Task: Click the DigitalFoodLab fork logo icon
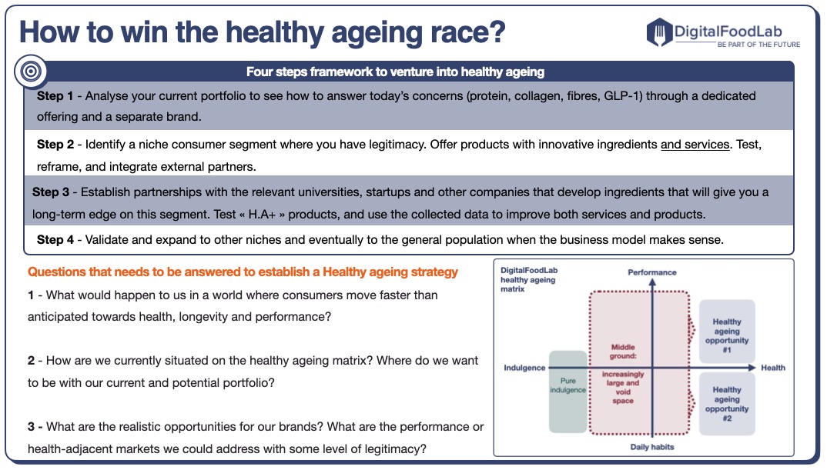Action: tap(660, 32)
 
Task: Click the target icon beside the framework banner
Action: tap(31, 72)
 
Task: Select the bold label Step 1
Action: tap(55, 96)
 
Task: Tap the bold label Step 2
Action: tap(55, 144)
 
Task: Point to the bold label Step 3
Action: tap(52, 192)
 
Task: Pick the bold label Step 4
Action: tap(55, 239)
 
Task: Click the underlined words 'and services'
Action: tap(695, 144)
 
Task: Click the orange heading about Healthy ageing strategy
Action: tap(243, 272)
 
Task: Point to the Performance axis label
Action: tap(651, 272)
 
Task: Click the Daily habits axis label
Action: tap(651, 447)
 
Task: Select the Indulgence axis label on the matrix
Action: tap(524, 368)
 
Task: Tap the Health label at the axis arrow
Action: tap(773, 368)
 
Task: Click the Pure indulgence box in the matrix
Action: tap(568, 390)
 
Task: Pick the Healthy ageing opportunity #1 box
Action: tap(726, 331)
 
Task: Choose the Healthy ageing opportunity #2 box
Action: tap(726, 399)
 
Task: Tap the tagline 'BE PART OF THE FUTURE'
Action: tap(758, 45)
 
